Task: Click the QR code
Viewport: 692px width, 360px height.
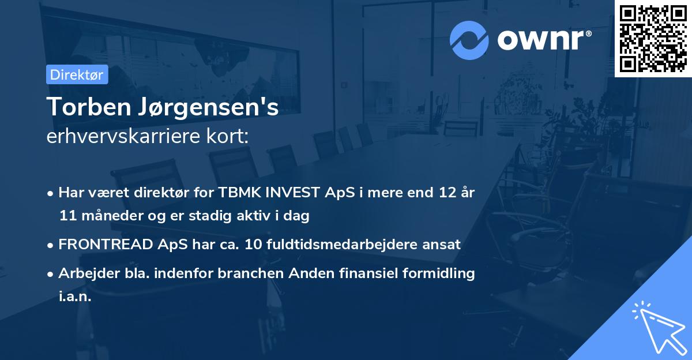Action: [653, 39]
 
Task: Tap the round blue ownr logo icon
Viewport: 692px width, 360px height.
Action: [469, 40]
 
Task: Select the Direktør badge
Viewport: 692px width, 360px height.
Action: [77, 74]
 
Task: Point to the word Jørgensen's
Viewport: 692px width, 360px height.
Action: [211, 108]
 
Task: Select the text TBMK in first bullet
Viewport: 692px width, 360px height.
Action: [235, 193]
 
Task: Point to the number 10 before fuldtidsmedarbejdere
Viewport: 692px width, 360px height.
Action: [253, 245]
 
